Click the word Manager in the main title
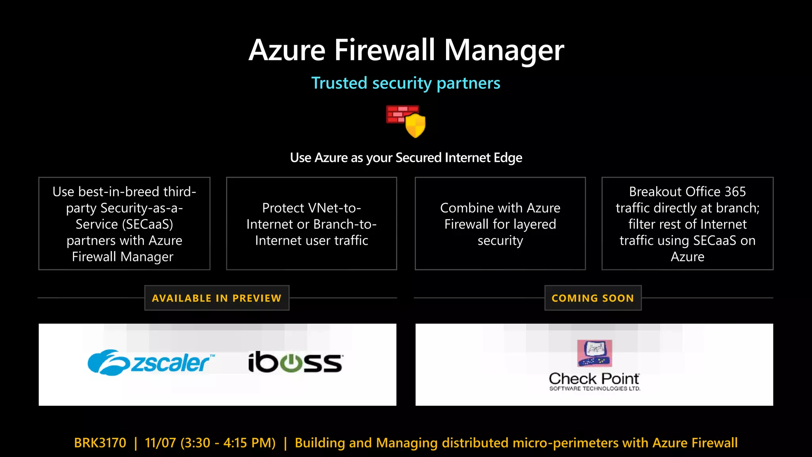click(x=504, y=51)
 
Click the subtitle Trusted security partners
click(x=406, y=83)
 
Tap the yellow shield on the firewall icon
click(x=416, y=125)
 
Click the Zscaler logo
click(x=151, y=363)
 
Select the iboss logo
click(x=295, y=362)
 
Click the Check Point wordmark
click(x=594, y=379)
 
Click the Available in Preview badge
click(x=216, y=298)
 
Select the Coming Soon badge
click(x=593, y=298)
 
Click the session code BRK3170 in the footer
click(x=100, y=443)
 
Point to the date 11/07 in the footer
click(x=160, y=443)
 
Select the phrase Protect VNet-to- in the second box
click(x=312, y=208)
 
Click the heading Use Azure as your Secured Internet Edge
click(x=406, y=158)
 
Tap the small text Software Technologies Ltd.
click(x=594, y=389)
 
